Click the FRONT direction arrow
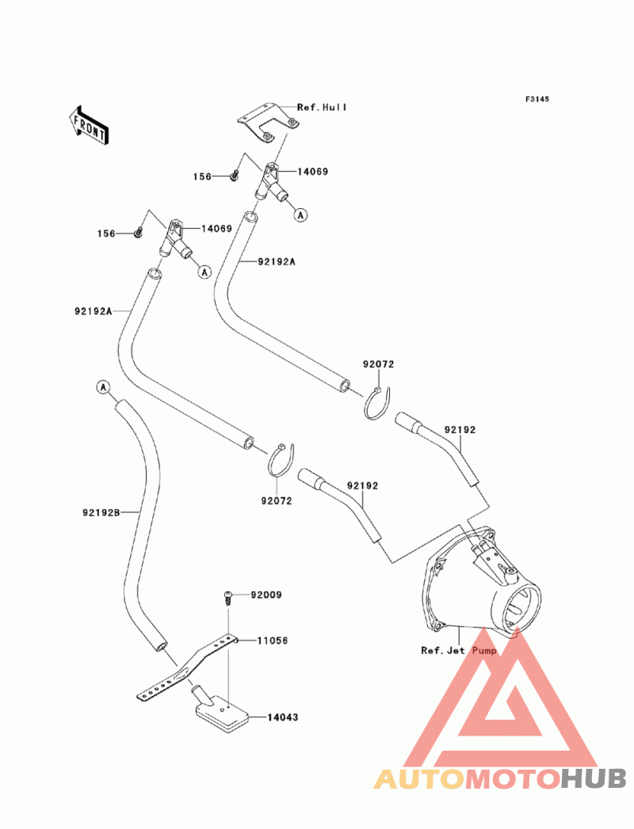(89, 126)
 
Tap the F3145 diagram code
(537, 99)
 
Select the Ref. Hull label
(322, 108)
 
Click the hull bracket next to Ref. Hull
(269, 124)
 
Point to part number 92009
(266, 595)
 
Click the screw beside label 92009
(228, 598)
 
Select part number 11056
(273, 641)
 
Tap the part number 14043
(283, 717)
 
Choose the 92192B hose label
(101, 512)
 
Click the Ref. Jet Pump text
(459, 650)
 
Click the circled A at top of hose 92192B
(103, 387)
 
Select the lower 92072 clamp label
(277, 500)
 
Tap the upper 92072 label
(378, 364)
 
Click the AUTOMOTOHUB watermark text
(500, 778)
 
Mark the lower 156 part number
(106, 233)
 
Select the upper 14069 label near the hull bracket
(313, 171)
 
